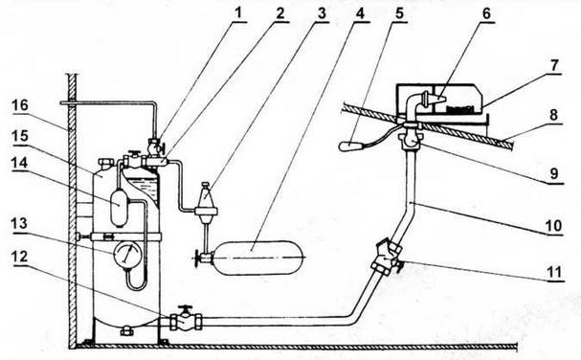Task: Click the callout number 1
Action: tap(238, 12)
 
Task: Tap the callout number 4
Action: tap(359, 13)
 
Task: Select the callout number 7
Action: tap(553, 66)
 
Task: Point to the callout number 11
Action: tap(554, 273)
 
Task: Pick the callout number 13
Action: tap(20, 224)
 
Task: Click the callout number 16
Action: tap(20, 105)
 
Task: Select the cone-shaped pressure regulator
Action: tap(206, 201)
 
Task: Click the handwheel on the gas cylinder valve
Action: tap(197, 257)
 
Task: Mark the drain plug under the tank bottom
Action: tap(126, 330)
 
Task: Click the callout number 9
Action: tap(553, 172)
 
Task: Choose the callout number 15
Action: tap(20, 136)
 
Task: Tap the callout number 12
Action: tap(20, 257)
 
